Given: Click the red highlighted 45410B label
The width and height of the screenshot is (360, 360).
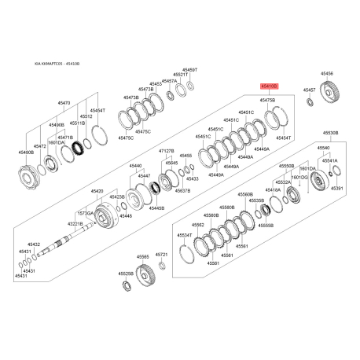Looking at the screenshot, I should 269,91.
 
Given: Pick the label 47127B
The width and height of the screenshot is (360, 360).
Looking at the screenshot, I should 167,150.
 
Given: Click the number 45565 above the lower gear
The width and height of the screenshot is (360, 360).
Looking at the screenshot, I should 142,256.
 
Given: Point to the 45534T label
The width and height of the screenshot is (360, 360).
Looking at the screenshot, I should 185,235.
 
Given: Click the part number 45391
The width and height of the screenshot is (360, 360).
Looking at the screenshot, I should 337,189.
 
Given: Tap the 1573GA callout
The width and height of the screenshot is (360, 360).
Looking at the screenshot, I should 85,214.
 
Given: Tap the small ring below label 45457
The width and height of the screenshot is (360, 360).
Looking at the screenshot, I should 310,103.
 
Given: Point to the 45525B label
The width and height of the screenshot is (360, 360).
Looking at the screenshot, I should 126,274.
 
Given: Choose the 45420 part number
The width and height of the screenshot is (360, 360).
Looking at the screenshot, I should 97,191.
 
